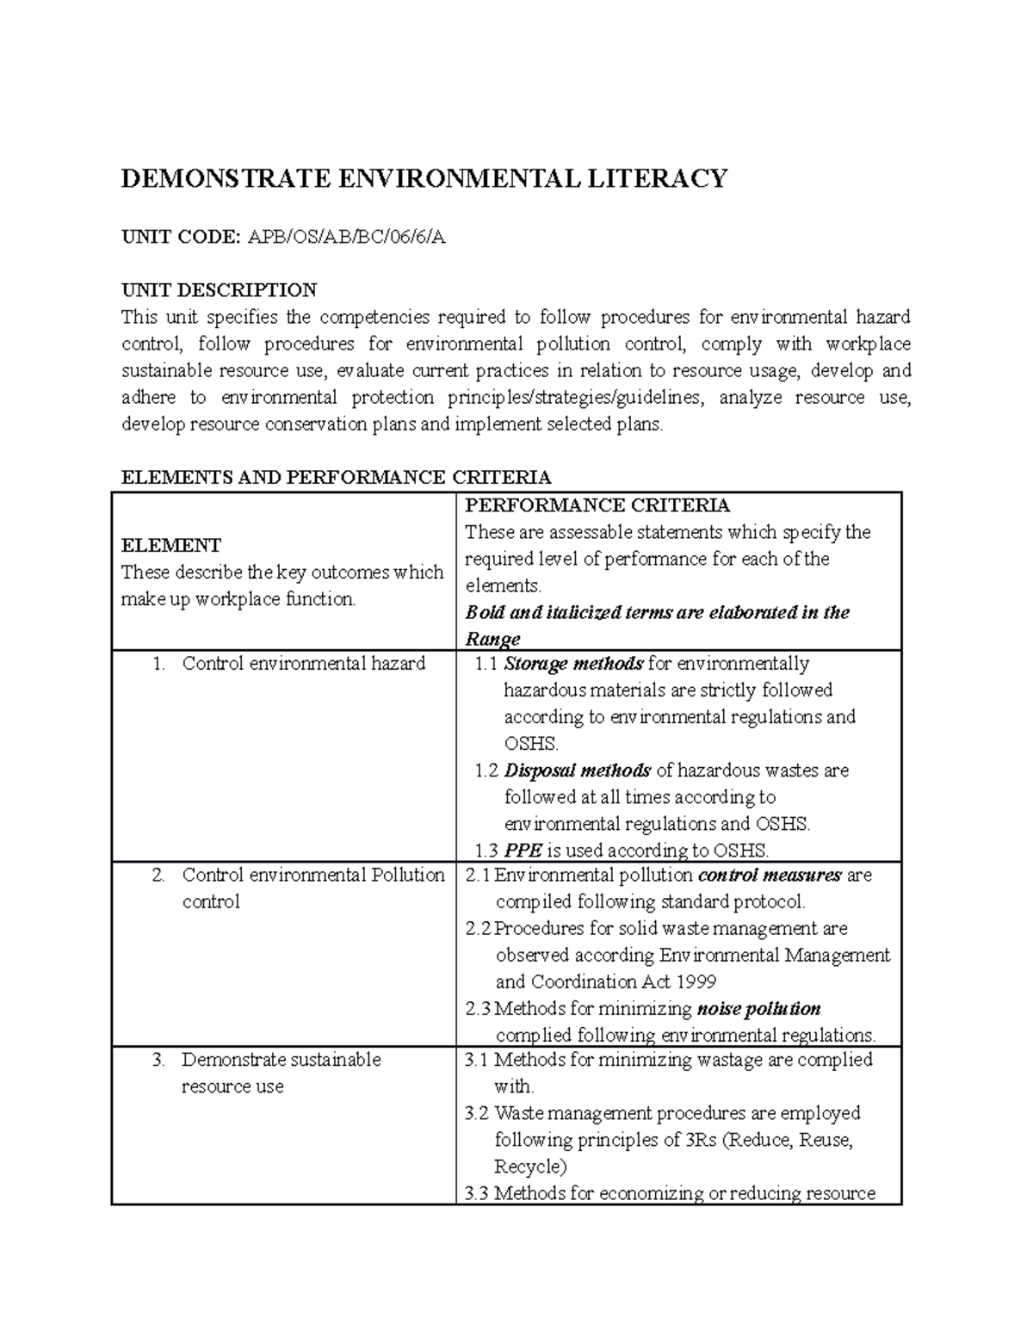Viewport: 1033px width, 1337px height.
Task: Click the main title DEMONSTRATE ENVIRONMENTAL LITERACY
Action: coord(424,178)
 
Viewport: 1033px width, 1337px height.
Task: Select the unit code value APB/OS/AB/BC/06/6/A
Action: coord(347,238)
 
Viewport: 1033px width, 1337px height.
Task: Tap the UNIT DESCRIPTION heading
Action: coord(219,289)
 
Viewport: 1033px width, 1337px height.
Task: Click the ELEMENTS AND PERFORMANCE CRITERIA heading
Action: coord(336,477)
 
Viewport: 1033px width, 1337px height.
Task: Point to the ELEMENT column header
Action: coord(170,545)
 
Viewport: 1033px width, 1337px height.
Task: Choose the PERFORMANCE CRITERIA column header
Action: coord(597,504)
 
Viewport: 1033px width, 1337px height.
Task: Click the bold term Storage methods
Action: coord(573,664)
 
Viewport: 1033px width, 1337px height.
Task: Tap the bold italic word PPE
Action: coord(523,851)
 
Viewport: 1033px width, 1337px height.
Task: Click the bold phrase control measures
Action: coord(769,876)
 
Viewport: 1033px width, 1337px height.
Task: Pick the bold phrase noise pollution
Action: coord(758,1008)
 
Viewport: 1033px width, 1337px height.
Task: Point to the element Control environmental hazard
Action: coord(304,664)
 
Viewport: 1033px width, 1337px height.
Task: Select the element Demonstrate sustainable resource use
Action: coord(281,1073)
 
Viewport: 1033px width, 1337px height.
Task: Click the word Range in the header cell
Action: coord(492,639)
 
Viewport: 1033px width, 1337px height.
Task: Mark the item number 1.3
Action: coord(486,851)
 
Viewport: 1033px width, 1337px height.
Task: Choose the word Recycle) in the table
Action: coord(530,1167)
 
